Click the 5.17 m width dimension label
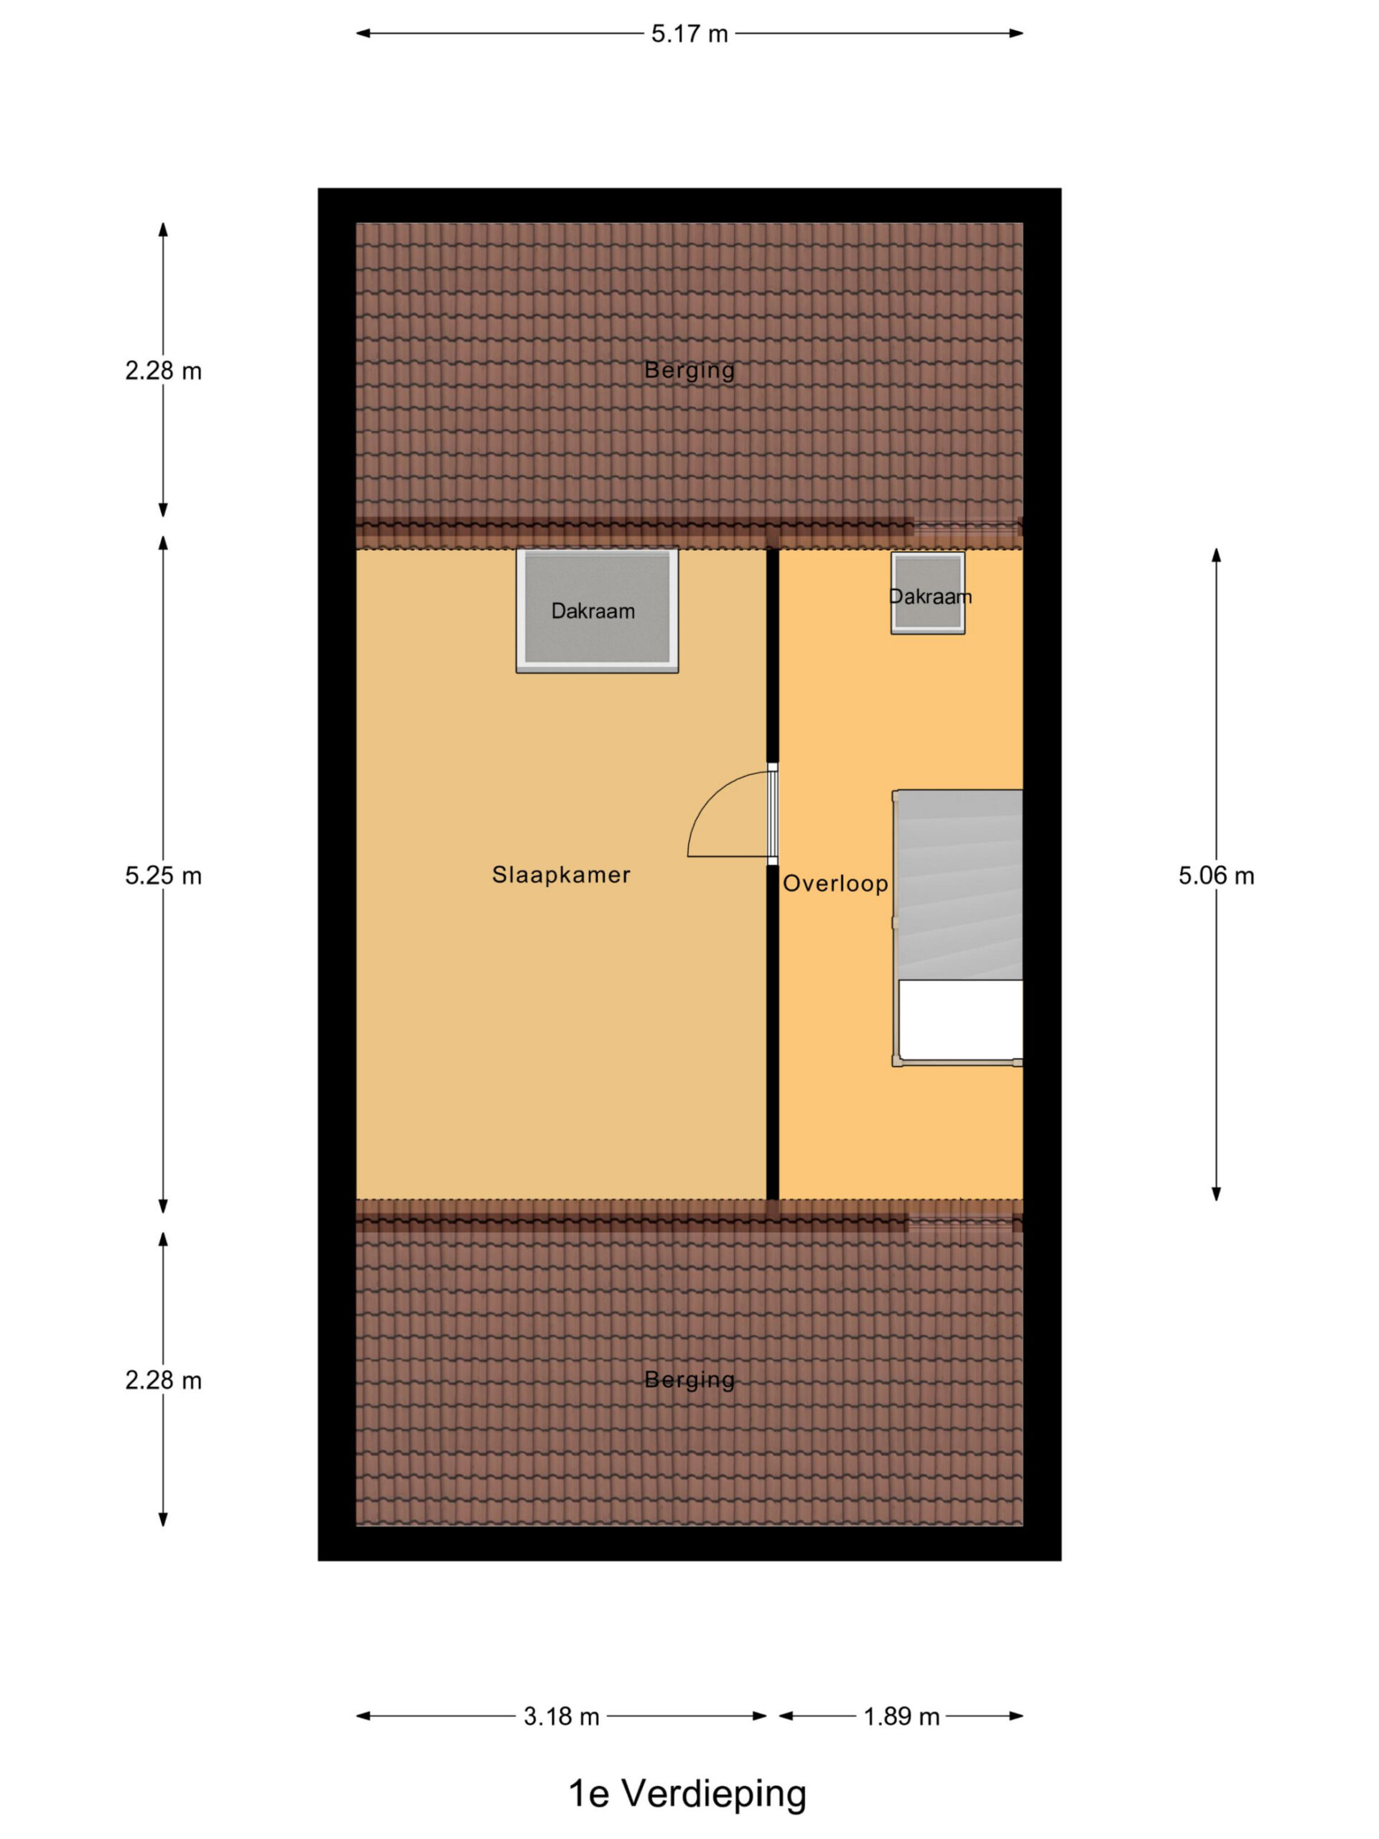pos(689,34)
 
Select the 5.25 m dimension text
pos(163,876)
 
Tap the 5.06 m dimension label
pos(1216,876)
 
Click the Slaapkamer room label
pos(561,875)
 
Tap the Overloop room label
pos(835,883)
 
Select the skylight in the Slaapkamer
pos(597,610)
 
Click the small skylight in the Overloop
pos(928,593)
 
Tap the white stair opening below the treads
pos(961,1020)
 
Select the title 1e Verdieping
pos(687,1792)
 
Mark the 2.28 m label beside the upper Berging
pos(163,371)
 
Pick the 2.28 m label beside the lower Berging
pos(163,1380)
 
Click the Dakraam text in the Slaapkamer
pos(593,611)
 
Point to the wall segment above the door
pos(772,655)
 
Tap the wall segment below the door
pos(772,1032)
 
